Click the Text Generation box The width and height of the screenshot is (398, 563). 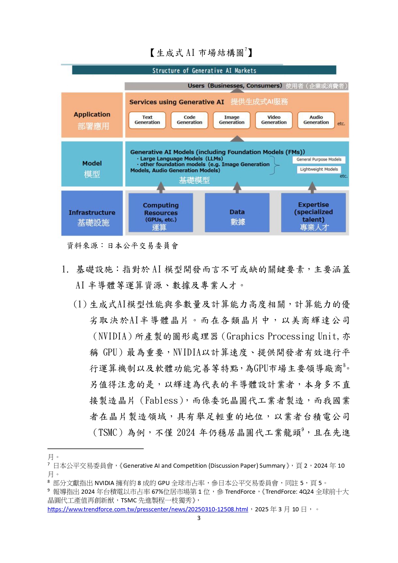coord(147,120)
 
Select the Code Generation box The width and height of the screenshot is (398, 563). coord(190,120)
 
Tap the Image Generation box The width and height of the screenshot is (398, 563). coord(232,120)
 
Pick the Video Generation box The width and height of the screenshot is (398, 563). coord(274,120)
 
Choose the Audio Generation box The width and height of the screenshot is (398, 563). coord(316,120)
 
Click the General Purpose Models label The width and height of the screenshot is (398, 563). coord(319,159)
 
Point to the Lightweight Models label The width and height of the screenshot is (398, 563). coord(319,169)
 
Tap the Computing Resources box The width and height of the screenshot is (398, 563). coord(161,212)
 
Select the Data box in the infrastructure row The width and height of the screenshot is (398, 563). coord(237,212)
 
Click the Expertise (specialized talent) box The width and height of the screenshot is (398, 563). coord(313,212)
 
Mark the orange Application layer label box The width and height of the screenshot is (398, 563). coord(92,115)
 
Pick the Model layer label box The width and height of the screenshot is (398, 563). coord(92,164)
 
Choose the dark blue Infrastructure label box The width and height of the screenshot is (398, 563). coord(92,213)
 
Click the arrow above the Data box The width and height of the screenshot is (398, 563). coord(237,187)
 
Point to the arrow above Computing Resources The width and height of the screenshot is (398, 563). coord(161,187)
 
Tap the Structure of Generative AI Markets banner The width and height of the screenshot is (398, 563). coord(204,70)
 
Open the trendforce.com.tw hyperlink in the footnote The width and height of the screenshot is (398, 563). coord(148,509)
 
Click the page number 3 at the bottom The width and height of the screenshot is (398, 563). coord(199,518)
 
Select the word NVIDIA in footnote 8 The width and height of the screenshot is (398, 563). coord(104,483)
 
